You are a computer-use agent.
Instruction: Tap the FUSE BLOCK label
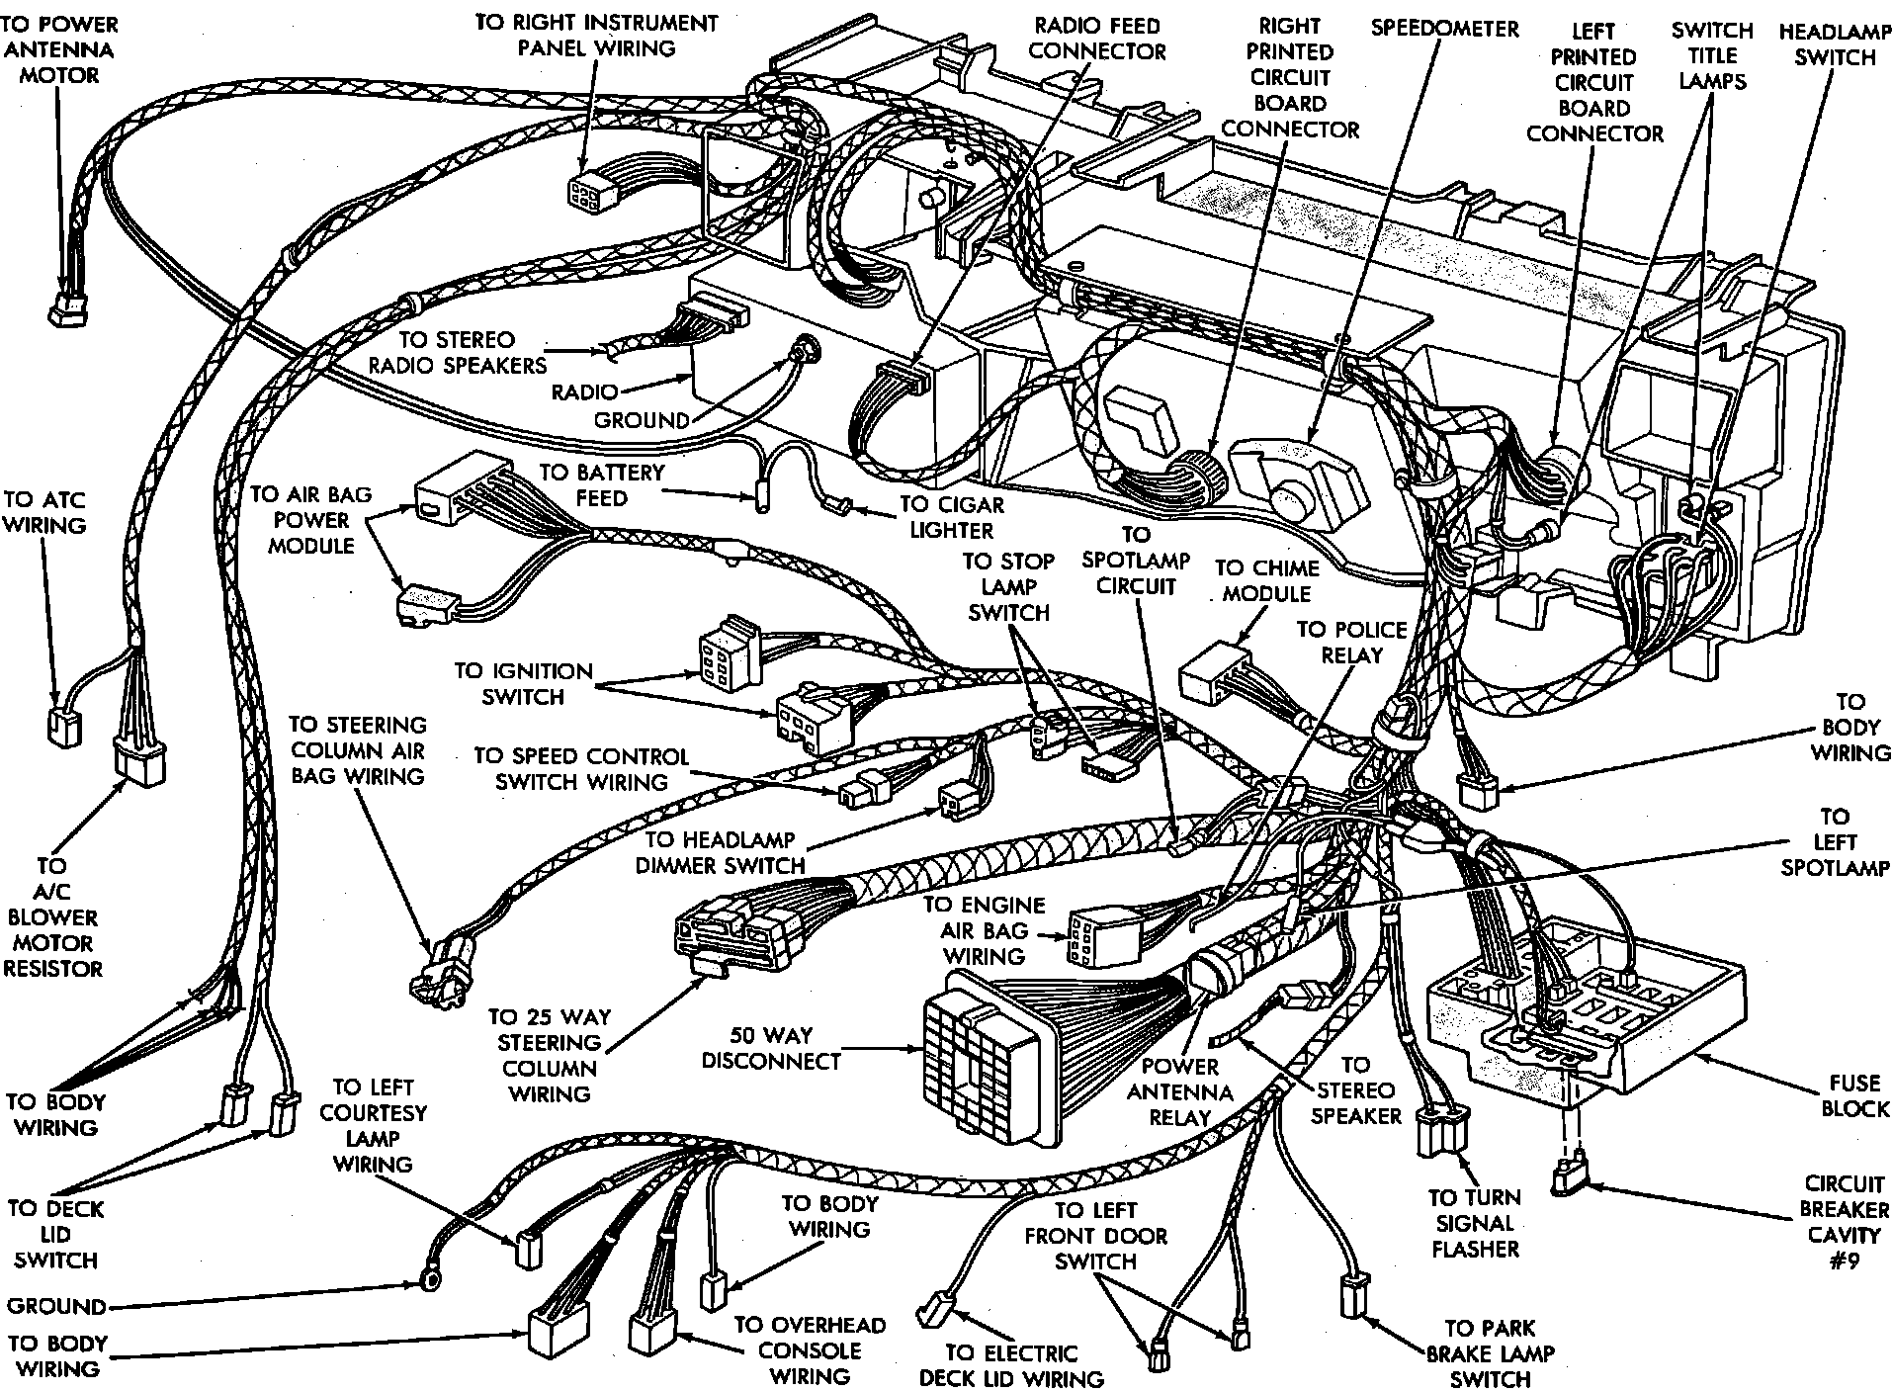tap(1853, 1095)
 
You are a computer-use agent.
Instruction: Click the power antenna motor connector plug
tap(68, 304)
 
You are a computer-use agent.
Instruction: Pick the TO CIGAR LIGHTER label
tap(951, 517)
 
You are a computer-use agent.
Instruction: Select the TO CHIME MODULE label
tap(1266, 580)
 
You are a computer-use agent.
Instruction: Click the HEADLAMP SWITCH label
tap(1835, 43)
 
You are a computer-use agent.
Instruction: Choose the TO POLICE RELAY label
tap(1350, 642)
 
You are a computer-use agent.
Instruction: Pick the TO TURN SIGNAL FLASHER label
tap(1474, 1223)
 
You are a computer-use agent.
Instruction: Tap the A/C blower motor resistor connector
tap(139, 762)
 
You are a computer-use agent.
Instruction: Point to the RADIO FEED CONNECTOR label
tap(1097, 38)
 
